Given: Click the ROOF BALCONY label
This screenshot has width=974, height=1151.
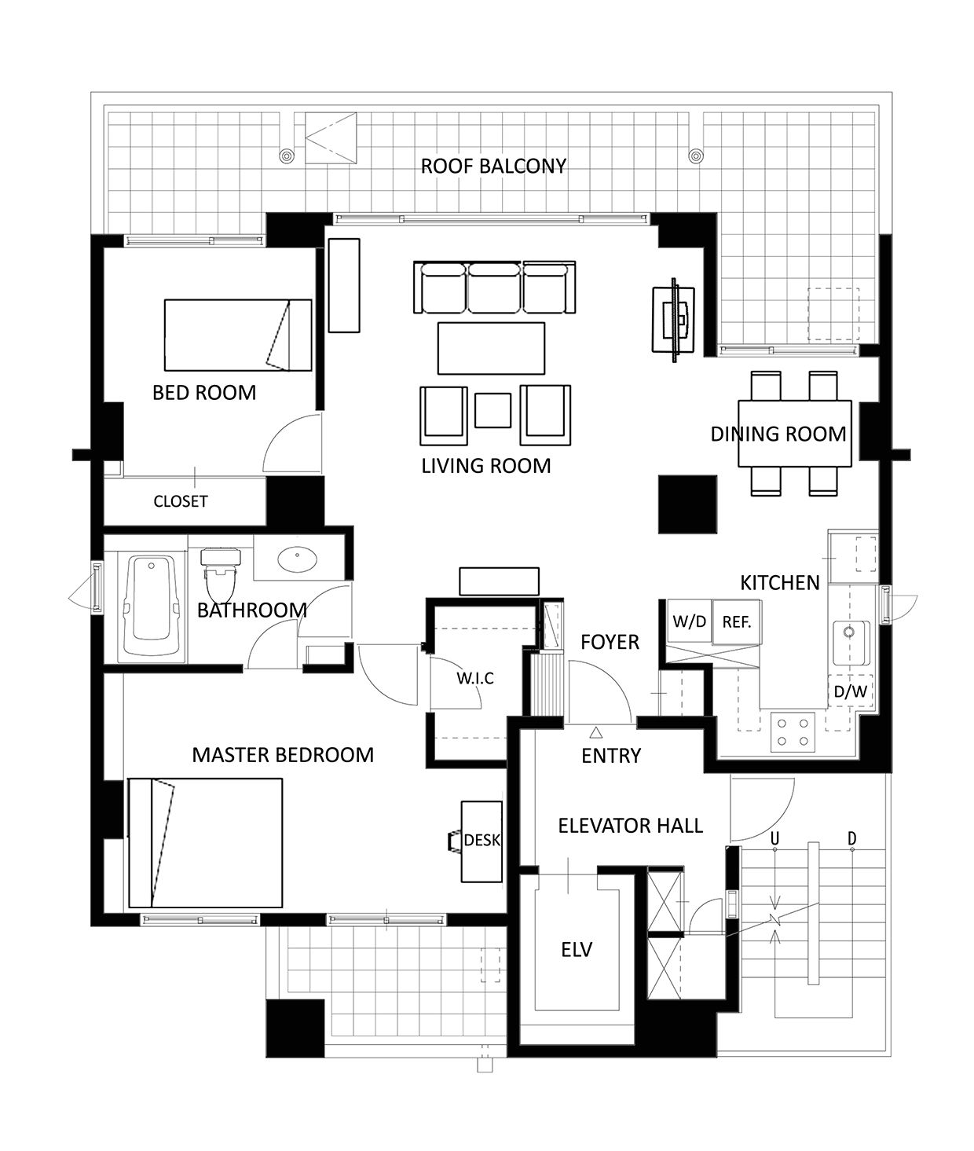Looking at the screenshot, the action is (493, 166).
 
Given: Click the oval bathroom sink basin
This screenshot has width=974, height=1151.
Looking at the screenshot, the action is (298, 559).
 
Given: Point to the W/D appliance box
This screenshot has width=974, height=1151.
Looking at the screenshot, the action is (690, 621).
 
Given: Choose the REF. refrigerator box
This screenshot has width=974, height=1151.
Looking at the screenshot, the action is (736, 622).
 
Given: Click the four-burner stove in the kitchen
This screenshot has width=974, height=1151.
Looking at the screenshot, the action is (793, 732).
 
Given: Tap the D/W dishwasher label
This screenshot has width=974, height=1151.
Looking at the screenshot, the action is (851, 691).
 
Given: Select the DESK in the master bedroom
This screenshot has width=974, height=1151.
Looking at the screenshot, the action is (482, 841).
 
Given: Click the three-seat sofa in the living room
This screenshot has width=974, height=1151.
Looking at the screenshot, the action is (495, 288).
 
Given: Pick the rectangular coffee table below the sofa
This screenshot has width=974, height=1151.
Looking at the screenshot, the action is (491, 348).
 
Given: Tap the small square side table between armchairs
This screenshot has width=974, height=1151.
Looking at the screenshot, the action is (492, 410).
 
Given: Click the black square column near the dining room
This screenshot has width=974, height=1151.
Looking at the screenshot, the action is (687, 504).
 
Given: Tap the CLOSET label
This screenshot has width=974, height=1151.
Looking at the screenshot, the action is (181, 502).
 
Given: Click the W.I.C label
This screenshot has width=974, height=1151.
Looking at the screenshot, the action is (475, 678).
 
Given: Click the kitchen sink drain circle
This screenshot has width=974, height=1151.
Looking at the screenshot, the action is (848, 632).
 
